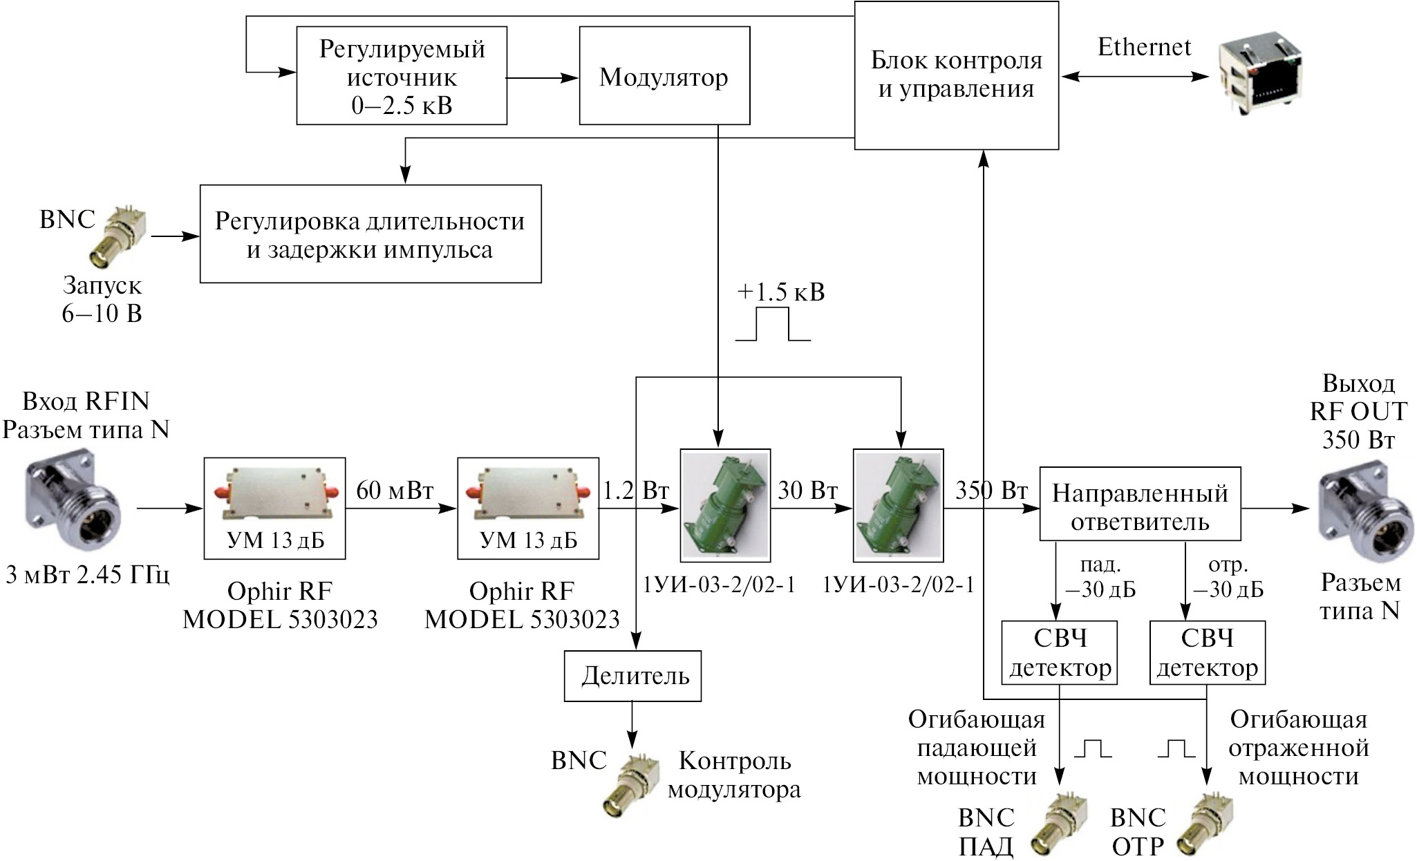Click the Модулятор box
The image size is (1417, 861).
pos(664,76)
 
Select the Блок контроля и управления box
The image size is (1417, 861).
pos(956,75)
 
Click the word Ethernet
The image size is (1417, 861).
pos(1144,47)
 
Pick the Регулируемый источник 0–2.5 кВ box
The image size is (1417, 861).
pos(402,76)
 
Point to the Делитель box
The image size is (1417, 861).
pos(632,675)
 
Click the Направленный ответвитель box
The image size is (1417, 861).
pos(1140,504)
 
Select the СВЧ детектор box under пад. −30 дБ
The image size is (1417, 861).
pos(1060,653)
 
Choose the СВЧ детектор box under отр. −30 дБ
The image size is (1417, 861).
pos(1207,653)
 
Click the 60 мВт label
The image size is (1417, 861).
pos(395,491)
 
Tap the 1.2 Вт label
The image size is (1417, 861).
pos(636,491)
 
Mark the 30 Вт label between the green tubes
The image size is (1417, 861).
pos(807,491)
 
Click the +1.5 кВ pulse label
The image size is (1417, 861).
pos(780,292)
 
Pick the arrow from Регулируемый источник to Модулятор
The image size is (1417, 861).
pos(543,78)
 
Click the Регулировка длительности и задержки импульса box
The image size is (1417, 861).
pos(370,234)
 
